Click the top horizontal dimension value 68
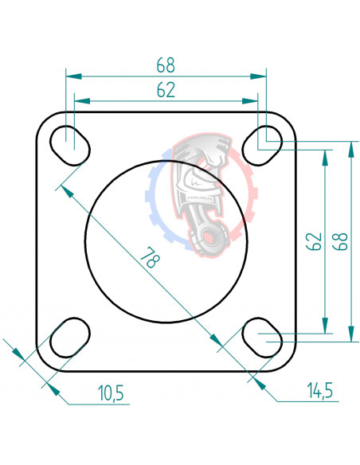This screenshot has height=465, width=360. (166, 64)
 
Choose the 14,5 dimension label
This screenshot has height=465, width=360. (317, 391)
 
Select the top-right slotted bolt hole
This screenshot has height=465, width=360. (262, 143)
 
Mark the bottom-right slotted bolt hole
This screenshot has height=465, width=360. (262, 338)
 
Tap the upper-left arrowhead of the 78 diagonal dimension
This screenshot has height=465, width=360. (65, 192)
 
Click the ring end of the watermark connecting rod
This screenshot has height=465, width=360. (210, 236)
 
